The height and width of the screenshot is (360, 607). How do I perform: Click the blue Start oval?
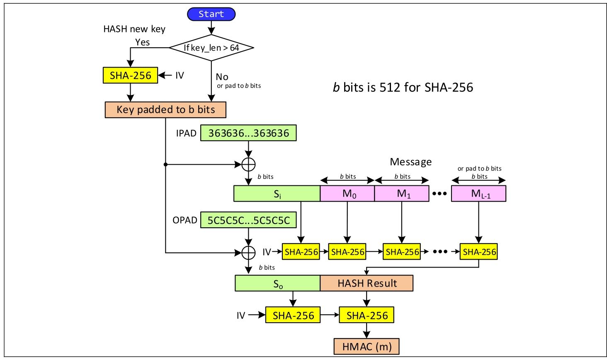tap(211, 14)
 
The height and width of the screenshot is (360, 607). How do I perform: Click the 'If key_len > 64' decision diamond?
tap(211, 48)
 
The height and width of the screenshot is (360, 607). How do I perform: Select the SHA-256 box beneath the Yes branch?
tap(130, 75)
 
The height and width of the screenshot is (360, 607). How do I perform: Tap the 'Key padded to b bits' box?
tap(165, 110)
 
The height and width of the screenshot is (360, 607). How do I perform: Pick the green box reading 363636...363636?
tap(248, 134)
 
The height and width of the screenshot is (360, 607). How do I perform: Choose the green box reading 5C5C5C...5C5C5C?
tap(248, 220)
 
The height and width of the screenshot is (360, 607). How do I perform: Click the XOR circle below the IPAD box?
tap(248, 165)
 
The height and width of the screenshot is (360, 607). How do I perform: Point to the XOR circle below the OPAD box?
tap(248, 252)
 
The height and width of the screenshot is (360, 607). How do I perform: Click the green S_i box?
tap(277, 194)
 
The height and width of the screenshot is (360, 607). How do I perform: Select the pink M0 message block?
tap(347, 194)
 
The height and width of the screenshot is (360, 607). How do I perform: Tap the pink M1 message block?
tap(401, 194)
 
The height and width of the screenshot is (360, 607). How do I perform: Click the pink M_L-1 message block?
tap(478, 194)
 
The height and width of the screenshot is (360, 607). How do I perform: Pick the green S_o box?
tap(277, 283)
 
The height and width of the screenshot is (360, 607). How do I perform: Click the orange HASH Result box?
tap(367, 283)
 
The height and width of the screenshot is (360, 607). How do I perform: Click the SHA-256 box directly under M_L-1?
tap(478, 252)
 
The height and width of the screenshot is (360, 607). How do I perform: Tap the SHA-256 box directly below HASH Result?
tap(367, 316)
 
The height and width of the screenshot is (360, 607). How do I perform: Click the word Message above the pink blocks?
tap(410, 162)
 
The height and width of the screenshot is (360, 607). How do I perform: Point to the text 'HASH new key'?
tap(134, 29)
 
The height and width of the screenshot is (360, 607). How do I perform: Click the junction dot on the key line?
tap(165, 165)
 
